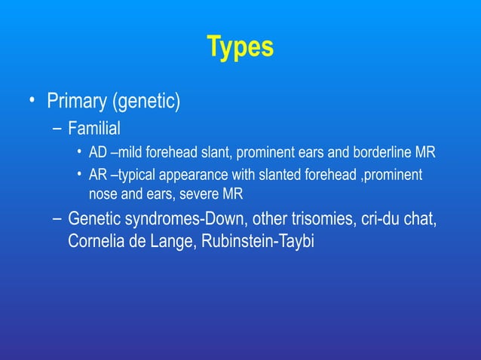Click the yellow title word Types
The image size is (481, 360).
pos(240,47)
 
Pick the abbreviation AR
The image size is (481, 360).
pos(98,175)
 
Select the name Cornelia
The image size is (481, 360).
pos(96,243)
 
